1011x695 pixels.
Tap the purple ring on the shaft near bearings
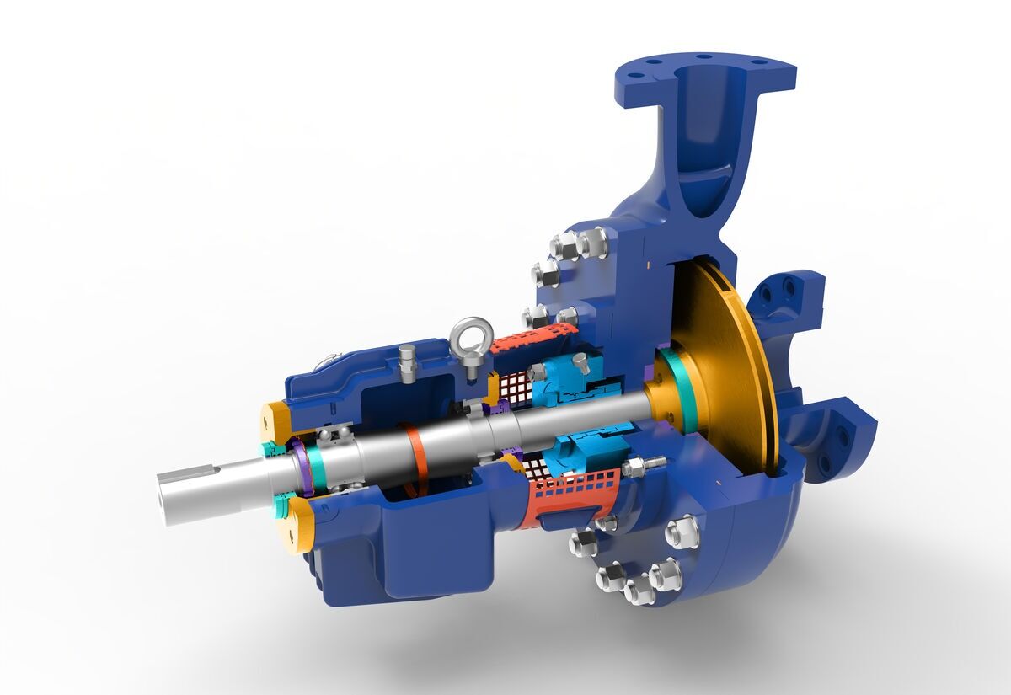coord(300,468)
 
